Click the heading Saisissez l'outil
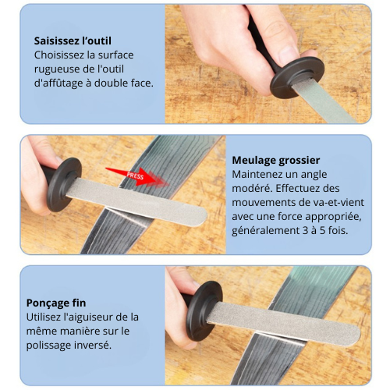tap(73, 40)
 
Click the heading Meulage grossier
tap(275, 160)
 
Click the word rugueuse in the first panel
tap(60, 69)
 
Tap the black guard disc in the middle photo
tap(64, 184)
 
